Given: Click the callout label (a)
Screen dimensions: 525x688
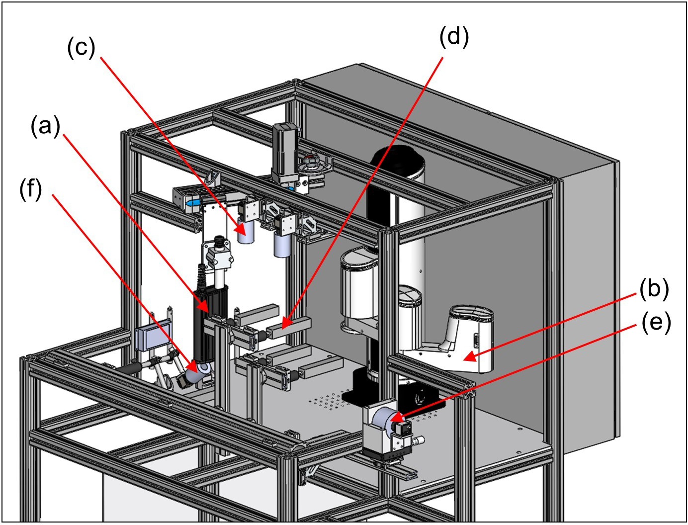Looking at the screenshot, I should (45, 126).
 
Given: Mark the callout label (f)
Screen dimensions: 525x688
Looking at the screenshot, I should (31, 189).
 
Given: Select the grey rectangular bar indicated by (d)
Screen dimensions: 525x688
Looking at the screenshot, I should (288, 326).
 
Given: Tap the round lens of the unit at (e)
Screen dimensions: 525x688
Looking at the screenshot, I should (384, 419).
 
